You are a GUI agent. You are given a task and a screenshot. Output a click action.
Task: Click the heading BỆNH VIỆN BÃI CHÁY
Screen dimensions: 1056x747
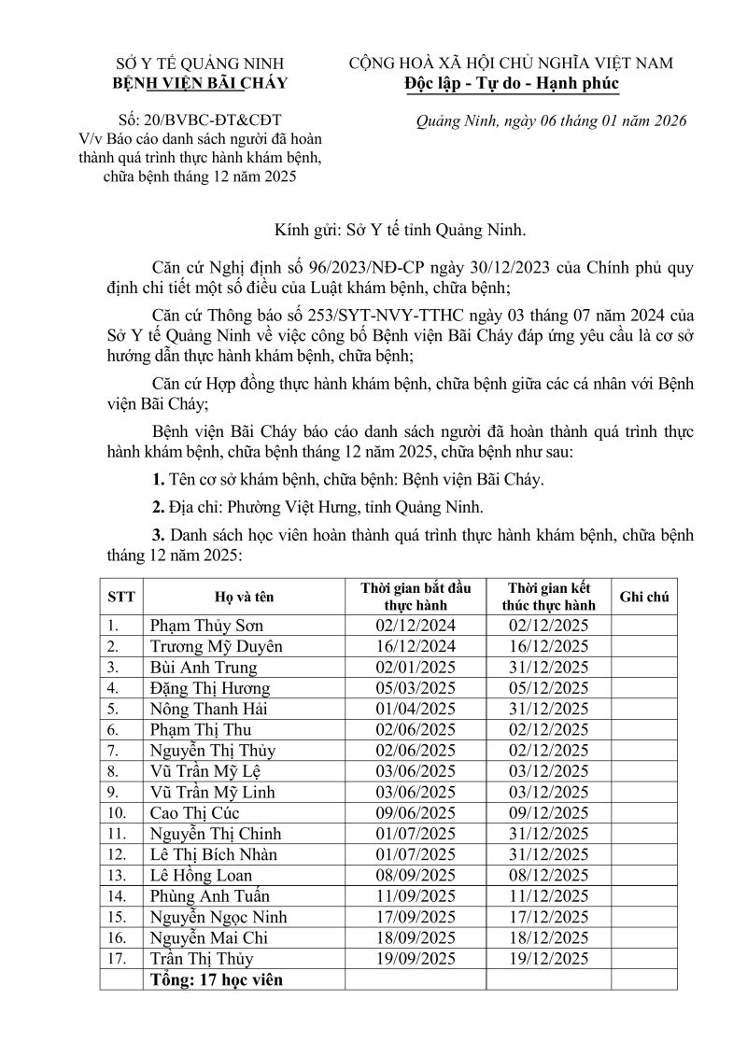(200, 83)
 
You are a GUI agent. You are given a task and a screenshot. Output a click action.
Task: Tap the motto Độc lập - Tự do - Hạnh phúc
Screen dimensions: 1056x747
(511, 83)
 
